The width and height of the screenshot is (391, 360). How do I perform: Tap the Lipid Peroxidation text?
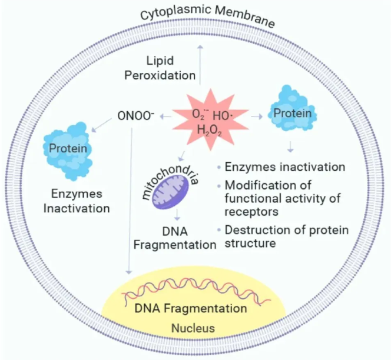(x=171, y=68)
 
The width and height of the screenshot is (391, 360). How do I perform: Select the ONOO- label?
(x=136, y=116)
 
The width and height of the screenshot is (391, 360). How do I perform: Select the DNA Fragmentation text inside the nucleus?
(x=190, y=308)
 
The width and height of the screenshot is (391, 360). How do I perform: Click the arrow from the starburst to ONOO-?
(x=165, y=116)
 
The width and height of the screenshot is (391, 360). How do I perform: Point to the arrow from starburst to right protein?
(x=256, y=117)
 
